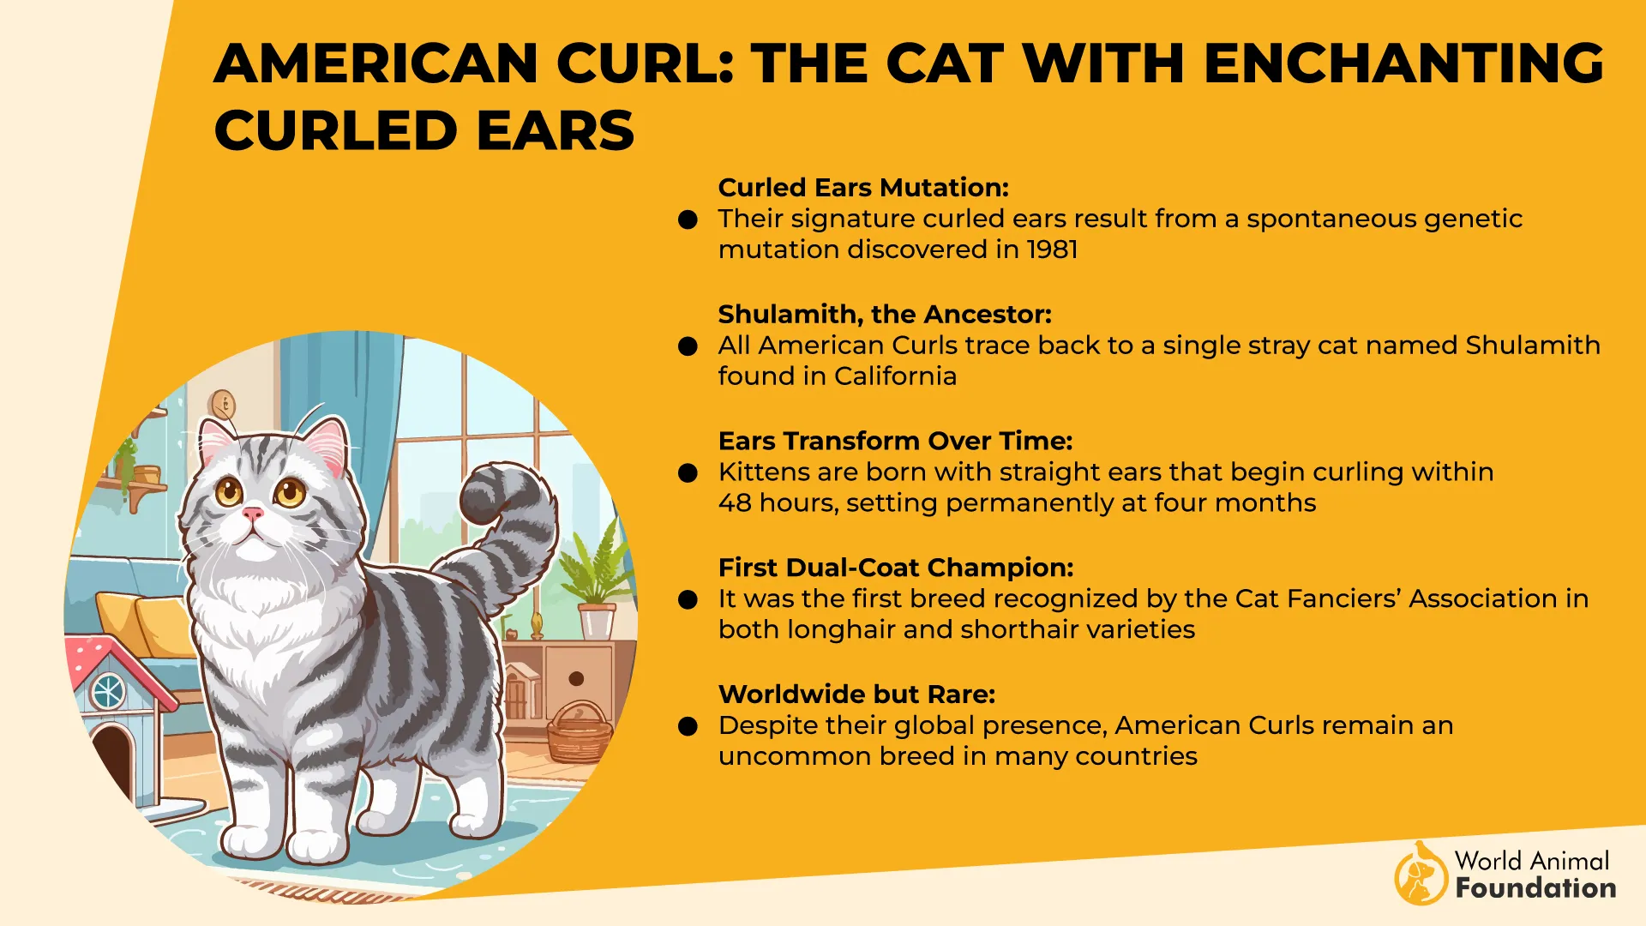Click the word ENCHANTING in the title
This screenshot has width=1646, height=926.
1403,63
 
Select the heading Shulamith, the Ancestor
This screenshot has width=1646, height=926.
884,315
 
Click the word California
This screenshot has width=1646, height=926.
895,376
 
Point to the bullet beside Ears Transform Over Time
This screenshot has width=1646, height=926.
688,473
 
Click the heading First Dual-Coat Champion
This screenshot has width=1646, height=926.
895,568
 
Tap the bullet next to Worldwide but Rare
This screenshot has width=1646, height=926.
688,727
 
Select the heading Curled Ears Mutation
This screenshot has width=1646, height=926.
863,188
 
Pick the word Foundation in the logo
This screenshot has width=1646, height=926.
1535,888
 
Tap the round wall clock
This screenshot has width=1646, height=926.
222,403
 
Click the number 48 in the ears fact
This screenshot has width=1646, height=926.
735,503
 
